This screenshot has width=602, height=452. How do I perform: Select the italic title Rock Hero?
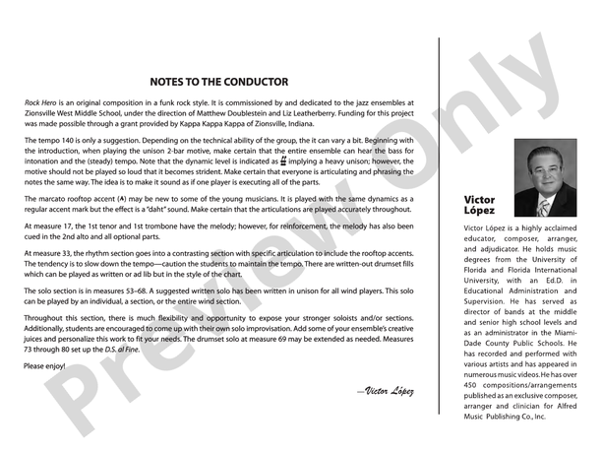point(40,103)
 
